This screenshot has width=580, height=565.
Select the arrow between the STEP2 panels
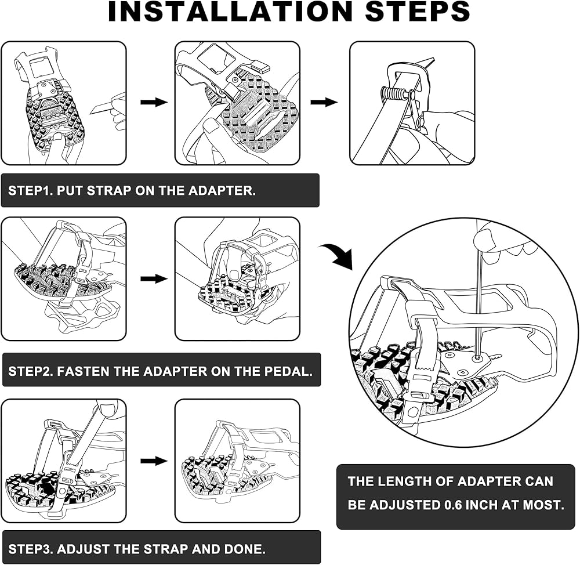154,279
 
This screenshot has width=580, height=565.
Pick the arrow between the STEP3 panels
154,461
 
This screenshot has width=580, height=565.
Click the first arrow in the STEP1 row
154,102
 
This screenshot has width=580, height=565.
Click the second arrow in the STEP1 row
324,102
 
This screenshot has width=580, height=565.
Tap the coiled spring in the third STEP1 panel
393,93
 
